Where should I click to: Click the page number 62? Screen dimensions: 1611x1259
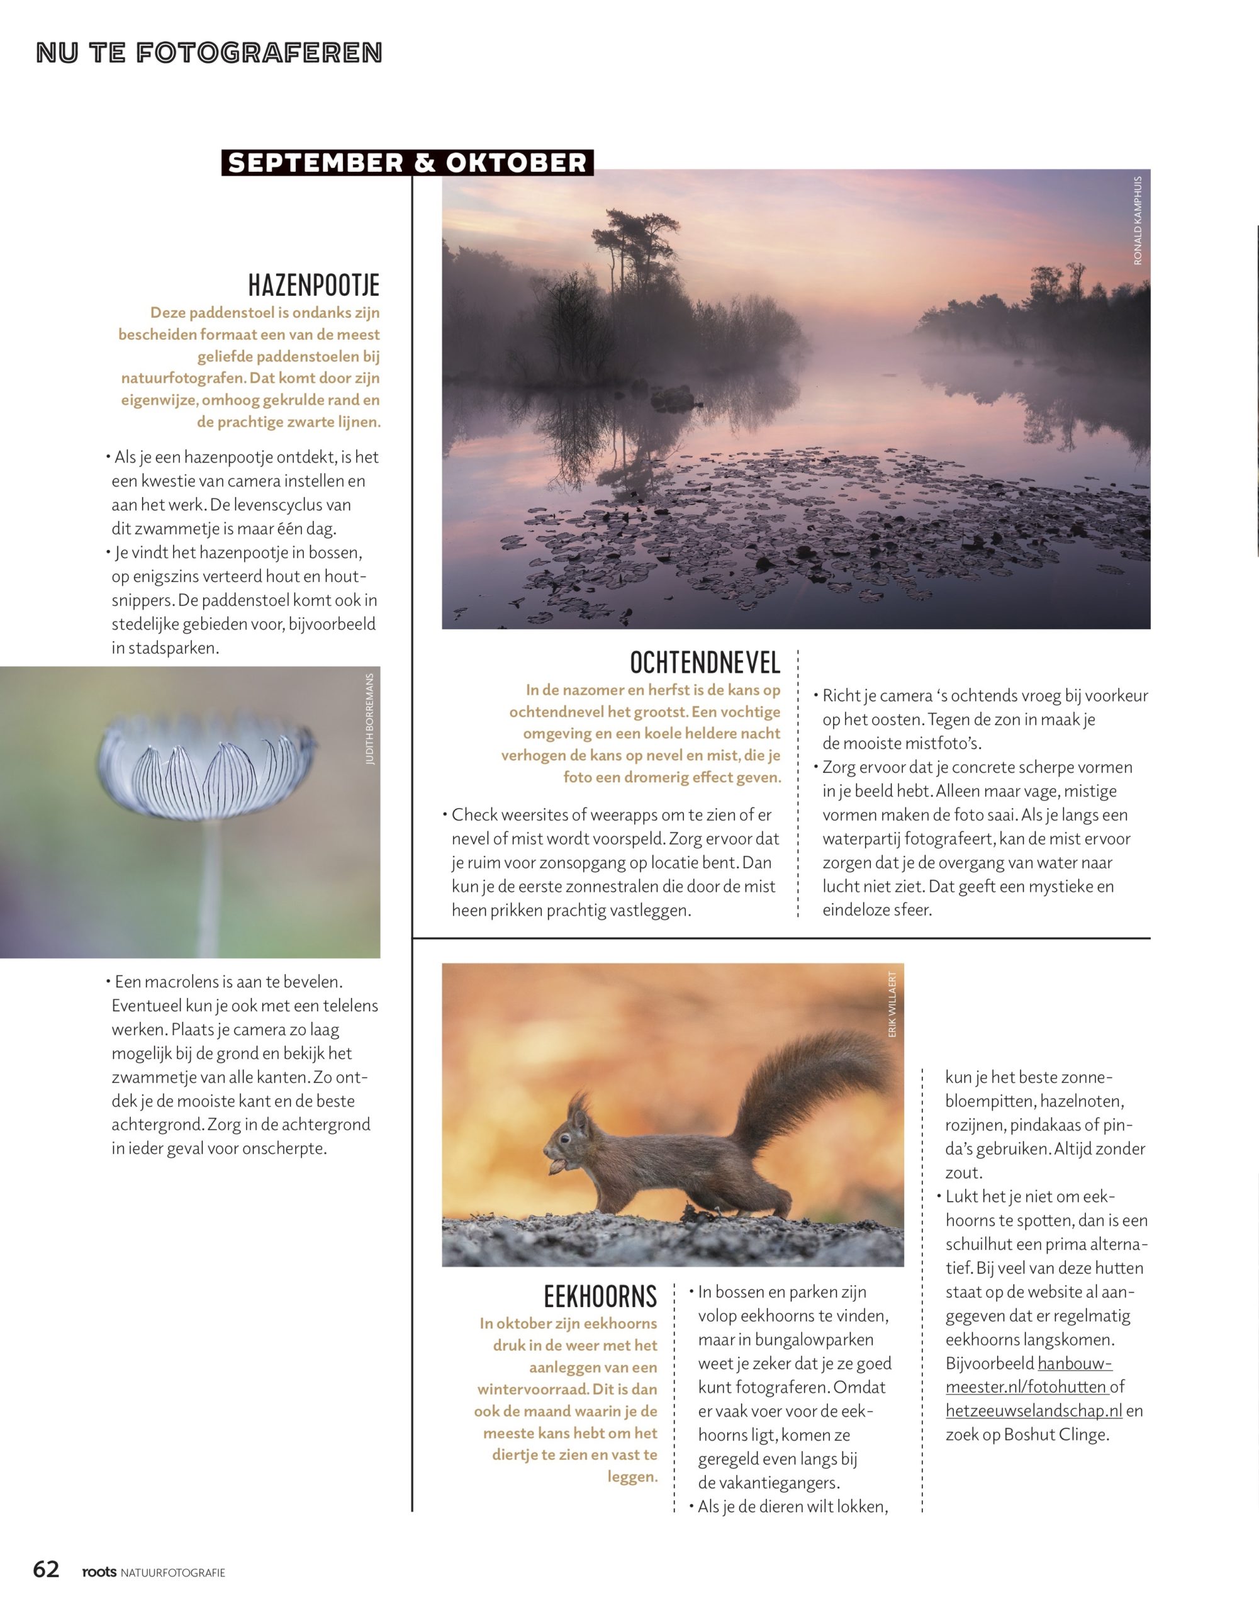(x=46, y=1568)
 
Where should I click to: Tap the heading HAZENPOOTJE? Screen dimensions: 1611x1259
(x=313, y=284)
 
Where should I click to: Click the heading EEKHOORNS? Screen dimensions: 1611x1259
(x=600, y=1296)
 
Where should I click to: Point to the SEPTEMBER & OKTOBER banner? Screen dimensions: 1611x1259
(x=407, y=163)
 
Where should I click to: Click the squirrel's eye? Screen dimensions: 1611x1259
(x=564, y=1139)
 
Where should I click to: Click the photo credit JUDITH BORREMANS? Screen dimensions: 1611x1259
(x=370, y=719)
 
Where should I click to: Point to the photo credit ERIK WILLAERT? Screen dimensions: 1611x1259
(x=892, y=1004)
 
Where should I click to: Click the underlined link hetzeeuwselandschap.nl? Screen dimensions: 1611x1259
(x=1033, y=1410)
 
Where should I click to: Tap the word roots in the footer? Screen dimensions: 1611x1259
(x=99, y=1571)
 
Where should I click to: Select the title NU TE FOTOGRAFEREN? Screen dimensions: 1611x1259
(x=209, y=53)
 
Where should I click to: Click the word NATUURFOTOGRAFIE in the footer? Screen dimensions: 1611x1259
(x=172, y=1573)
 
